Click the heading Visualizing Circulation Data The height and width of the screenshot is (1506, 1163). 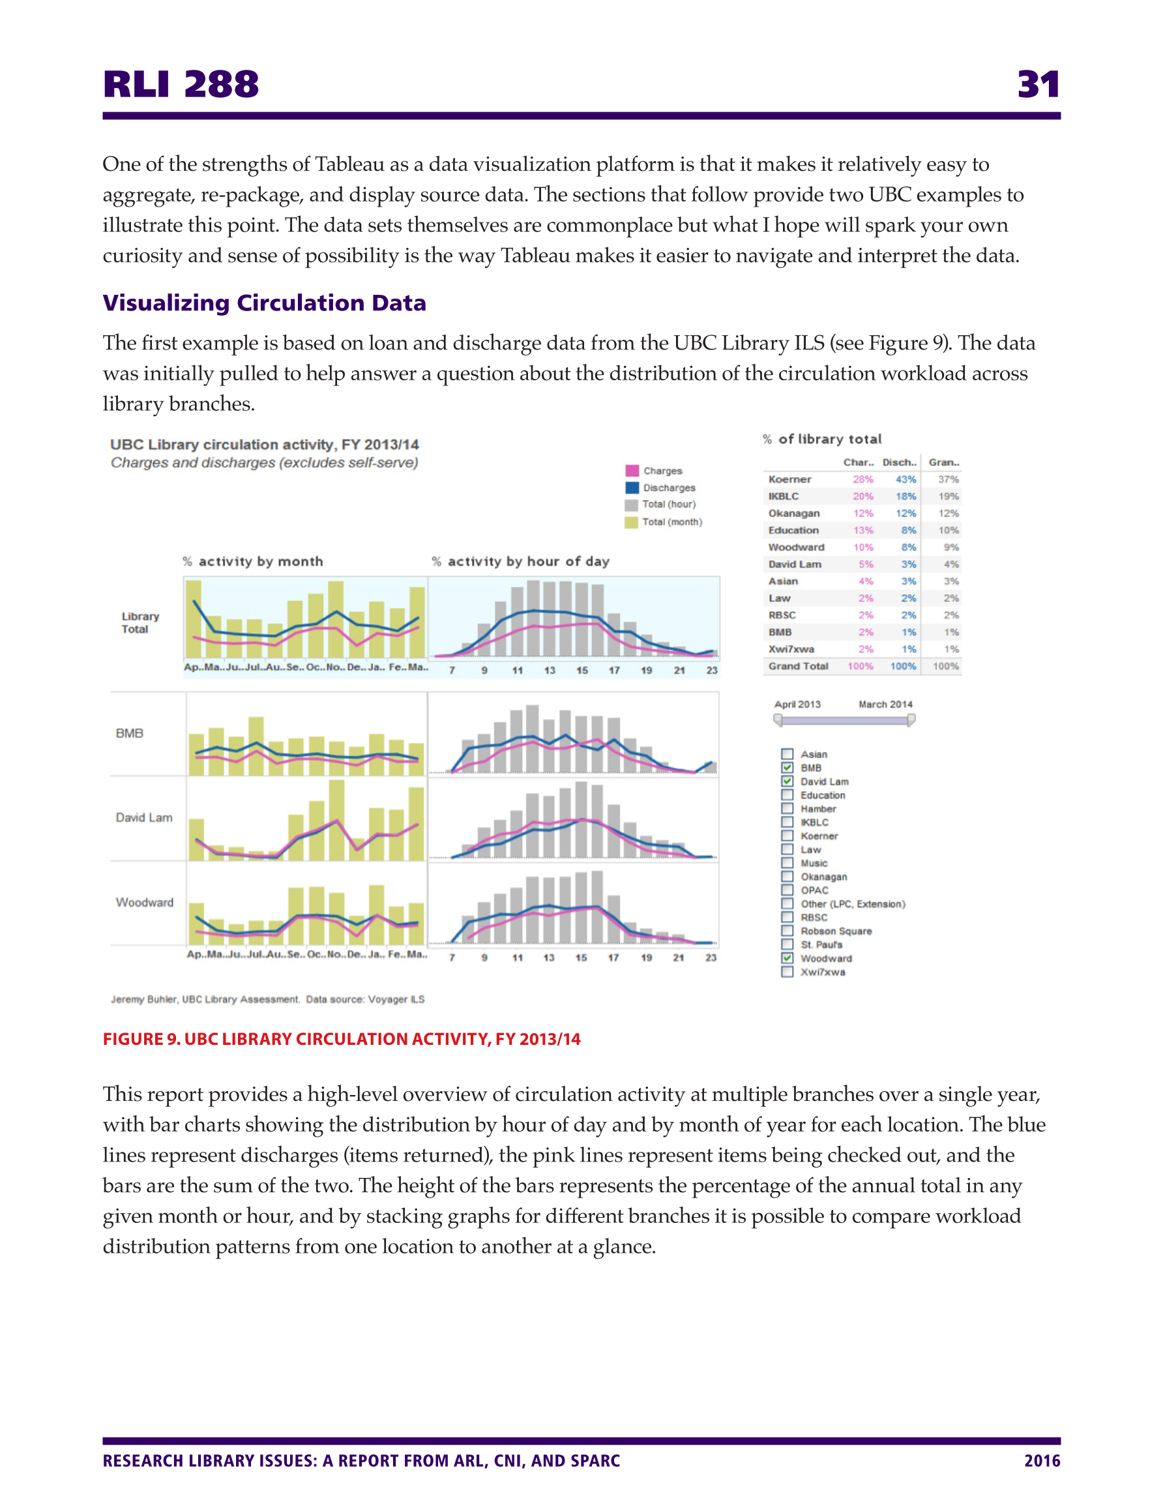(x=264, y=303)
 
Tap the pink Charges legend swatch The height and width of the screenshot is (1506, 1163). (x=632, y=471)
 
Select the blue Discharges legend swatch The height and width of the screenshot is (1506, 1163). (x=632, y=487)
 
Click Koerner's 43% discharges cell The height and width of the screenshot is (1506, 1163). (x=905, y=479)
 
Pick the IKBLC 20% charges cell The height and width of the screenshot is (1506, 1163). (x=862, y=496)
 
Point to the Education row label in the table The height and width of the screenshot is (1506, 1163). (x=793, y=530)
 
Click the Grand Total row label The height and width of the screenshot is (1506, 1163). (x=798, y=666)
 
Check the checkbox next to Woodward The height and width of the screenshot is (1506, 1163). (x=788, y=957)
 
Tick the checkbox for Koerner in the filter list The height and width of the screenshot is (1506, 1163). (x=788, y=836)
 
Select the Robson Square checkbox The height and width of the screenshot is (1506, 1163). (x=788, y=931)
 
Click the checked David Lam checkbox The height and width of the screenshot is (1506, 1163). (x=788, y=781)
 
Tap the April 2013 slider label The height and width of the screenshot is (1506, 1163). (x=797, y=704)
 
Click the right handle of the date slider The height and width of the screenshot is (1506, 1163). (x=911, y=720)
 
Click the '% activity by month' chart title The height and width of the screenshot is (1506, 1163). (x=253, y=562)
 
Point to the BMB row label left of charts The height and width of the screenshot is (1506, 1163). (x=130, y=733)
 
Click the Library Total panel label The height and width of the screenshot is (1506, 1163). (x=140, y=623)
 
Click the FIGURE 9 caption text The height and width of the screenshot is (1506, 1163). (x=341, y=1039)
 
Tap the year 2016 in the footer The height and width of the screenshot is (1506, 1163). (x=1042, y=1460)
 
